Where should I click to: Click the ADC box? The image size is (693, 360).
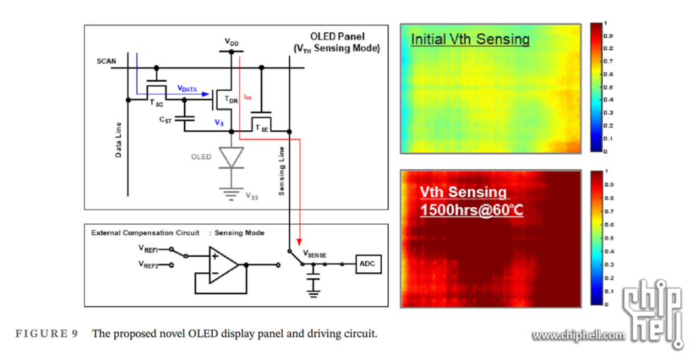pyautogui.click(x=368, y=264)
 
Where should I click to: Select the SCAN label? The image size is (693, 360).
pyautogui.click(x=107, y=62)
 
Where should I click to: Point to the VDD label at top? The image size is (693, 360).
pyautogui.click(x=231, y=42)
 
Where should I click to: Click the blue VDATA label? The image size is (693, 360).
pyautogui.click(x=188, y=88)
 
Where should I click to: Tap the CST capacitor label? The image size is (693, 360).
pyautogui.click(x=167, y=120)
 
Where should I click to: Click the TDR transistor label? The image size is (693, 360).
pyautogui.click(x=231, y=100)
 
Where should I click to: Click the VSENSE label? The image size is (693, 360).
pyautogui.click(x=315, y=252)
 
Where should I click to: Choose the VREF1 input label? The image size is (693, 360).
pyautogui.click(x=148, y=249)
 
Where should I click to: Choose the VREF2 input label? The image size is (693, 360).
pyautogui.click(x=148, y=265)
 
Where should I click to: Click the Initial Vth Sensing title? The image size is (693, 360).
pyautogui.click(x=470, y=40)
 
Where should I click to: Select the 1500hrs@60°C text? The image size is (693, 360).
pyautogui.click(x=472, y=210)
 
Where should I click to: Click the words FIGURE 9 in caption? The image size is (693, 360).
pyautogui.click(x=47, y=333)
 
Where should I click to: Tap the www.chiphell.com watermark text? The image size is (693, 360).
pyautogui.click(x=578, y=335)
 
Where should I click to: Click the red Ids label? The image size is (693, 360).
pyautogui.click(x=247, y=96)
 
